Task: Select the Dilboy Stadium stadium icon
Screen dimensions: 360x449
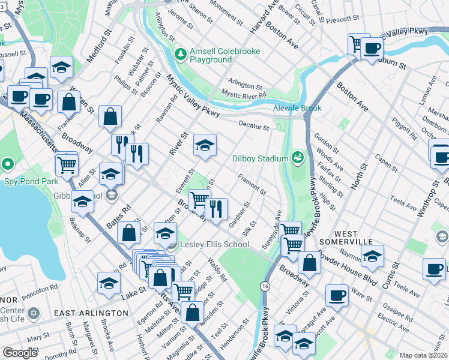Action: tap(297, 158)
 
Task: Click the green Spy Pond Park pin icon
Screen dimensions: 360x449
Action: tap(7, 164)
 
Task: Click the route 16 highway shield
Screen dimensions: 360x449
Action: tap(265, 287)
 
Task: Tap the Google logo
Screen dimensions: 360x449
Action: tap(20, 353)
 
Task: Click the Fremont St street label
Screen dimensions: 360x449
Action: tap(252, 184)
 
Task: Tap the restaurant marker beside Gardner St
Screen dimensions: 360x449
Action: tap(216, 208)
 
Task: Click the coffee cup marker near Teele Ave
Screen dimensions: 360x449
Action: tap(433, 268)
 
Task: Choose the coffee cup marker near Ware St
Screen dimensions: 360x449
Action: tap(337, 295)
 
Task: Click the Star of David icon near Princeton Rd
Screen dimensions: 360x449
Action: tap(33, 314)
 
